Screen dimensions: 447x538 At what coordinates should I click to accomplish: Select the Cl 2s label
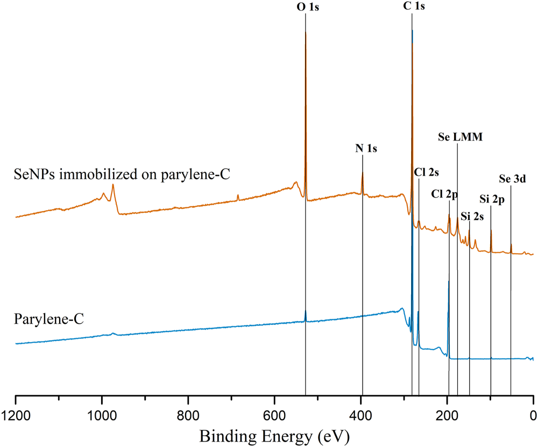click(427, 173)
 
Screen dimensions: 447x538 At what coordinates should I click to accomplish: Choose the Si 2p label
click(491, 200)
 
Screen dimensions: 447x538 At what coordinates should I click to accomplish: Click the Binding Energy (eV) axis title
click(274, 435)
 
